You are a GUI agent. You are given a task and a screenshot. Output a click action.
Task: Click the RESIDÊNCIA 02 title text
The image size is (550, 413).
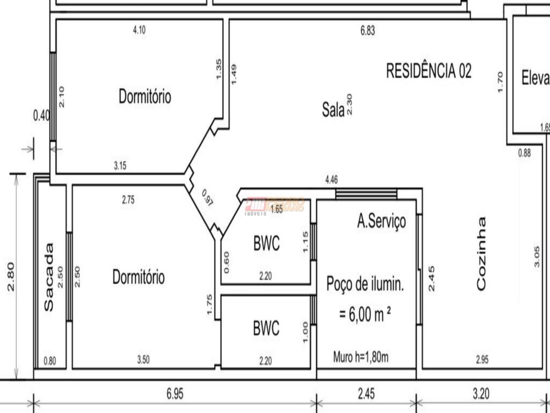[429, 71]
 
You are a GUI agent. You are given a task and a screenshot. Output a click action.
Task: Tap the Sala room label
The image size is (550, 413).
[333, 110]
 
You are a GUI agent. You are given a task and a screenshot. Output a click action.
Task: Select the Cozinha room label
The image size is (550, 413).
[481, 253]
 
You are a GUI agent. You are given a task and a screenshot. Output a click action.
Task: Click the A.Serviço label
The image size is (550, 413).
[381, 221]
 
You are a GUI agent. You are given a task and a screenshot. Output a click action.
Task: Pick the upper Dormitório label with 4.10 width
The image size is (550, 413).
[145, 97]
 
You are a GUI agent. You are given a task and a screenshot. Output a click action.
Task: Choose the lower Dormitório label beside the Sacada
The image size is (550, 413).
[138, 276]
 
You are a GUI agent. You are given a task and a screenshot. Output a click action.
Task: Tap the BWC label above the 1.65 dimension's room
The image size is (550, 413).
[266, 243]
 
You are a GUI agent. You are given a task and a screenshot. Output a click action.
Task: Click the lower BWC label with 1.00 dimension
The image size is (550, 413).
[266, 329]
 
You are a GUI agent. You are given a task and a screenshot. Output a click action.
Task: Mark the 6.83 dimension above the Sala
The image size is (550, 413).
[367, 31]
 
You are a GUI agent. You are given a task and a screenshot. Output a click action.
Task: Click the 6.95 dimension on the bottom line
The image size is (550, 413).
[174, 394]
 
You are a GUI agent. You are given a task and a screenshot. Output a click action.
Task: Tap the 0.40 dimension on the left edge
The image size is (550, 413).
[41, 116]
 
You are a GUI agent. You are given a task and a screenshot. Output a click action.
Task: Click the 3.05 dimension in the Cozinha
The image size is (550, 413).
[537, 257]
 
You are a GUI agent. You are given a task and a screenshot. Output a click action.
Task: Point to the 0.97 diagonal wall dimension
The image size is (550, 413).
[208, 197]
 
